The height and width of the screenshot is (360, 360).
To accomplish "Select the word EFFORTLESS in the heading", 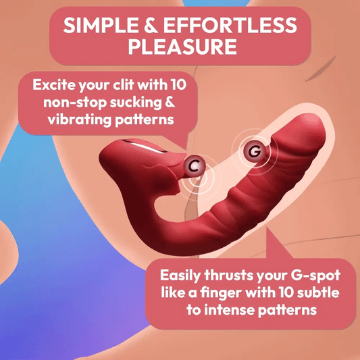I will click(233, 26).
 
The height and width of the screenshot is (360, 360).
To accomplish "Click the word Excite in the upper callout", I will click(54, 86).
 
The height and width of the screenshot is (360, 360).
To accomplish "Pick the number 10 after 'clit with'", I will click(184, 86).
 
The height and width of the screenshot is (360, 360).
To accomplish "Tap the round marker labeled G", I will click(254, 152).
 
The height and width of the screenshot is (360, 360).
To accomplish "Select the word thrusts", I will click(237, 276).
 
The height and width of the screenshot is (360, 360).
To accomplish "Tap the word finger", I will click(227, 294).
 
